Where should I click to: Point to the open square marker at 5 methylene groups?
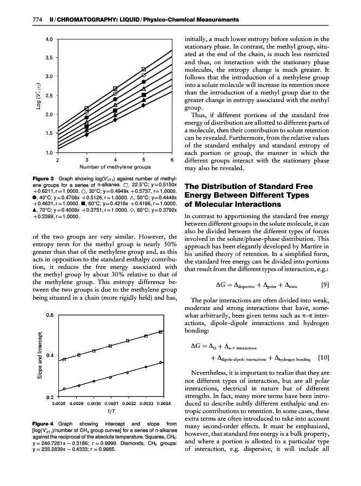[x=144, y=69]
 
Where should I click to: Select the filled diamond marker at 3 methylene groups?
[x=87, y=135]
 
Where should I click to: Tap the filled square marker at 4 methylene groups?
[x=115, y=111]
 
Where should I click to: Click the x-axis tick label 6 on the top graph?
[x=172, y=160]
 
